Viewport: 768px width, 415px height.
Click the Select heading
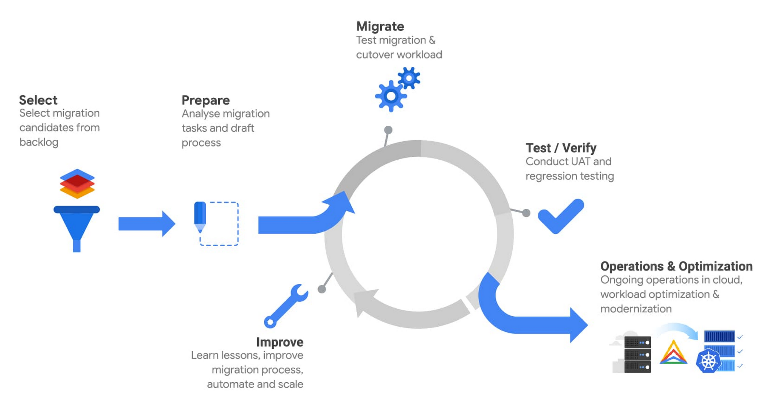(38, 100)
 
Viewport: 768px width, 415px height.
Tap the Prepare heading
(206, 100)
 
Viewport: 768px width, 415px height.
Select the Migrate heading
(380, 26)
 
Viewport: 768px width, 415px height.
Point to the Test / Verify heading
(561, 148)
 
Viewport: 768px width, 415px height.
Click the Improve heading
(280, 342)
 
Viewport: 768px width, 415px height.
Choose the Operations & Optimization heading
(676, 266)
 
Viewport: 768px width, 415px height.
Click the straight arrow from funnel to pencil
(146, 224)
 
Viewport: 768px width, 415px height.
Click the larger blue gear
(391, 96)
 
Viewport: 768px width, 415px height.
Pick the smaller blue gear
(409, 78)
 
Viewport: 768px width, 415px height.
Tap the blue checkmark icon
(560, 216)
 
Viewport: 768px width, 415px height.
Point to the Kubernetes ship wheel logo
(708, 361)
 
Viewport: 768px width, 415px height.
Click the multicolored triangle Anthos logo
(673, 353)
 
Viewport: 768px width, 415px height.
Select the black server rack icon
(637, 354)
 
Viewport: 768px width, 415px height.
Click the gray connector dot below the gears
(388, 130)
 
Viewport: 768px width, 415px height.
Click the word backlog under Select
(39, 142)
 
